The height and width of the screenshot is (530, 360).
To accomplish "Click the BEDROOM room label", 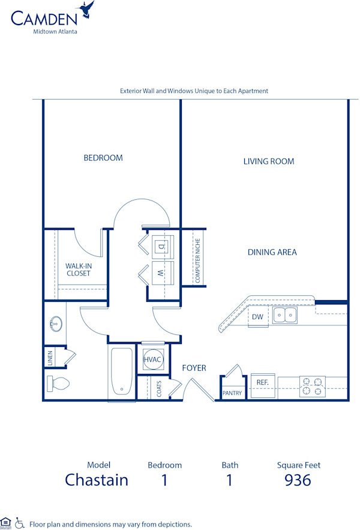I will [103, 158].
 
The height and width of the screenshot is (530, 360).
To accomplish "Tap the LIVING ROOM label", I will [268, 161].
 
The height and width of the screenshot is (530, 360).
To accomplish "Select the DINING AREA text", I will [272, 253].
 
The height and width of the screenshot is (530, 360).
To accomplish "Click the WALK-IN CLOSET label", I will [78, 270].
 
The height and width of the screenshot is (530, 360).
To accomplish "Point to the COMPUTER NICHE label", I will [197, 260].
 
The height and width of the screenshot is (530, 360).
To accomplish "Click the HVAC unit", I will [151, 360].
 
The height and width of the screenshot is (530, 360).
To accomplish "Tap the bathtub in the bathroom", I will [122, 372].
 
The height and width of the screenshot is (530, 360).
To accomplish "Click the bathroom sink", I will [54, 324].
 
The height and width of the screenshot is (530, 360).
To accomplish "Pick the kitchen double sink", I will [284, 315].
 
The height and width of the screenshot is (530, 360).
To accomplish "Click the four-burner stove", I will [312, 386].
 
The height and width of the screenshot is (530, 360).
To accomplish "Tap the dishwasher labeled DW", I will [257, 317].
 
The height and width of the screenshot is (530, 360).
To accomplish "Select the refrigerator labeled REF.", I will [262, 382].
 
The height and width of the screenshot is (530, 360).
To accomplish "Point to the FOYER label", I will [194, 368].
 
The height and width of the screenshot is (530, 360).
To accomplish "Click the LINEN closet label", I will [50, 357].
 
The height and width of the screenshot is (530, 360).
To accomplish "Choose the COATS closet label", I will [159, 390].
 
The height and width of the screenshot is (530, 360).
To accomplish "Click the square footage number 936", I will [298, 480].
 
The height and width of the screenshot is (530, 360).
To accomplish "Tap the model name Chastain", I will [97, 480].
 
